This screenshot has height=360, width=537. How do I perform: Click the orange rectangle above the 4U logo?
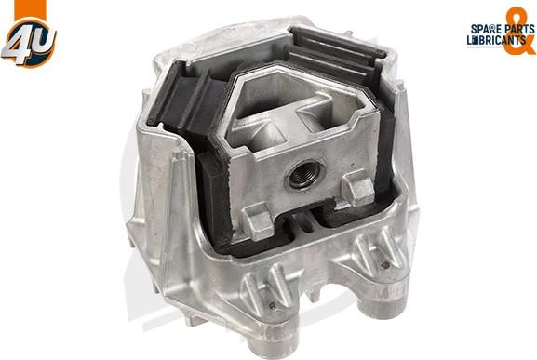click(30, 9)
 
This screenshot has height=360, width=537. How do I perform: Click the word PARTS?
click(519, 29)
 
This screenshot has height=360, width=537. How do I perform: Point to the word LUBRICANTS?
click(497, 40)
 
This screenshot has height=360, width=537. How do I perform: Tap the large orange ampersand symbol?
click(518, 31)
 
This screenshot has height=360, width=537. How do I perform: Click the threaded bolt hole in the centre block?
click(304, 175)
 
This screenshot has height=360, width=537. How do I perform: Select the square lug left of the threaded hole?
click(258, 220)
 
